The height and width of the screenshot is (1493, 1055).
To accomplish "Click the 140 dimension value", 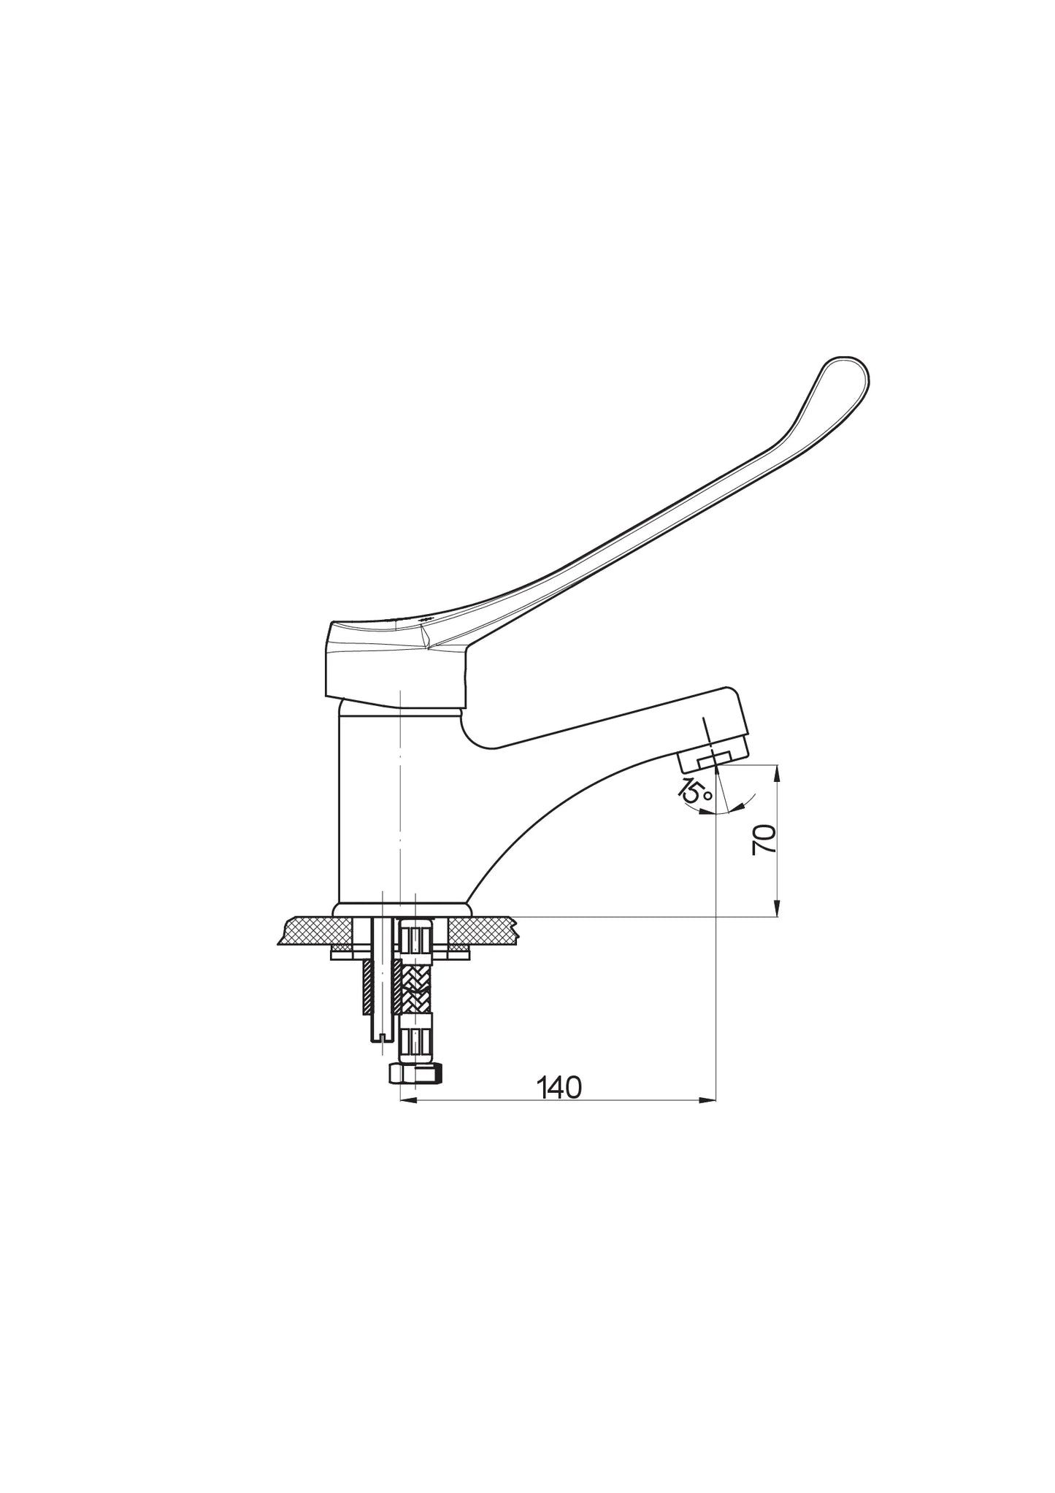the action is (x=559, y=1089).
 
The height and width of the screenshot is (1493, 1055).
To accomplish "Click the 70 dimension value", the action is (x=764, y=839).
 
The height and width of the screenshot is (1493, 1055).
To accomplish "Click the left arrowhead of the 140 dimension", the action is (x=409, y=1100).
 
